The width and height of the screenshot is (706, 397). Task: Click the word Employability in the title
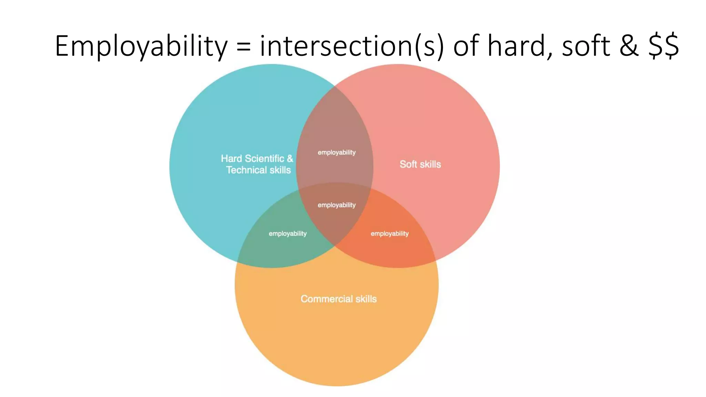(x=141, y=46)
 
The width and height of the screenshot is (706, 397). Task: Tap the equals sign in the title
(x=243, y=47)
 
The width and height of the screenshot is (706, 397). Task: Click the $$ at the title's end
(x=664, y=46)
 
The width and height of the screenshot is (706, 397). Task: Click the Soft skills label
(x=420, y=164)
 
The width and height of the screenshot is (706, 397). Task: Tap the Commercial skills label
(x=339, y=299)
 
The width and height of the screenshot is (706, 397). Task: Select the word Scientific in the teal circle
(x=264, y=159)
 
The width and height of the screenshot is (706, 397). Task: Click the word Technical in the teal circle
(x=246, y=170)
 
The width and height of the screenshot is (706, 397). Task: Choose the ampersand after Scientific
(x=290, y=159)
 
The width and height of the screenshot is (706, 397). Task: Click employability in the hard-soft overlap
(x=336, y=152)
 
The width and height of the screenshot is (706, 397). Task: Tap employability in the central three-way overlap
(x=336, y=205)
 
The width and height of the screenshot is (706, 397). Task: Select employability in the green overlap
(x=288, y=234)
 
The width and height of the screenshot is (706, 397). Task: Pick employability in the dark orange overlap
(x=390, y=234)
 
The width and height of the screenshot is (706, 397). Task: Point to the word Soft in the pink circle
(x=408, y=164)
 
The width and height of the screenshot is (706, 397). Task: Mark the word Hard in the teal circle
(x=231, y=159)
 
